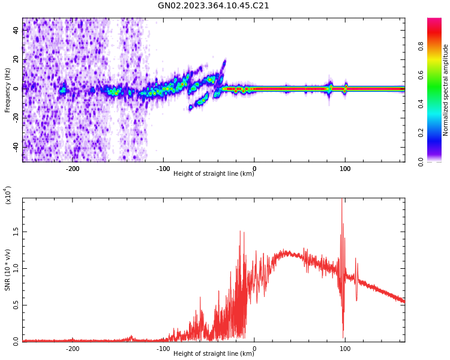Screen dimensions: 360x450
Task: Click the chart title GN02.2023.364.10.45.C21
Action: [213, 6]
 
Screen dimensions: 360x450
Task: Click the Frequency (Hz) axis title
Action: [8, 90]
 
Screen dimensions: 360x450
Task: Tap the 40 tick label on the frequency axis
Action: [16, 31]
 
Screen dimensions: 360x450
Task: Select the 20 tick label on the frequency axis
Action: [16, 59]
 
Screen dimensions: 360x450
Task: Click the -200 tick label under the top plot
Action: [72, 169]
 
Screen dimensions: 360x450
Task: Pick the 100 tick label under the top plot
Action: [345, 169]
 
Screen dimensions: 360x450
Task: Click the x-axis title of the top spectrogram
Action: [214, 174]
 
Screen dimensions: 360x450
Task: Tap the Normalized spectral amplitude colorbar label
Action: [446, 90]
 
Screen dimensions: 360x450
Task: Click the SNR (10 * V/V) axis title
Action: [8, 270]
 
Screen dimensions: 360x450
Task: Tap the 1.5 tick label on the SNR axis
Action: [16, 231]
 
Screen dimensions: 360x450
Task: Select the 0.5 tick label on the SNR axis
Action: [16, 305]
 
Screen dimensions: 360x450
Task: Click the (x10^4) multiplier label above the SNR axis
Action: [8, 195]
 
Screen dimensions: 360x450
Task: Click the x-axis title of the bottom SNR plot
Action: [214, 354]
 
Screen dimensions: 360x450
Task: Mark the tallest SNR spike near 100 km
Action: [342, 200]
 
